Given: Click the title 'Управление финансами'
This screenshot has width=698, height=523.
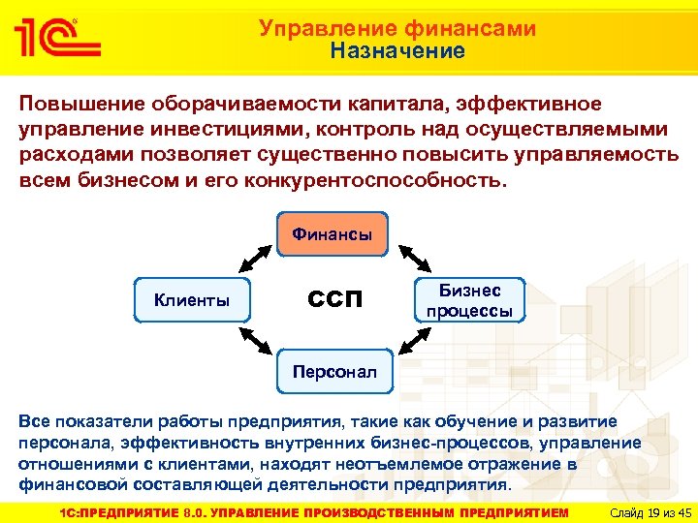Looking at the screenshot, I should [x=397, y=29].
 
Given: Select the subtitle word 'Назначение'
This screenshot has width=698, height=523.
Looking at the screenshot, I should [x=397, y=51].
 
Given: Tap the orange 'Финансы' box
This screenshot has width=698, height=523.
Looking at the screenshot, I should [x=333, y=234].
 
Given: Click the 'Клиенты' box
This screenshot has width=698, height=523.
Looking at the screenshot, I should [x=192, y=300].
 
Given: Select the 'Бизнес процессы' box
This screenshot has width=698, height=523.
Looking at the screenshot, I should [x=470, y=300].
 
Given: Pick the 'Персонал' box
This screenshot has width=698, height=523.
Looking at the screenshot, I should [x=333, y=372].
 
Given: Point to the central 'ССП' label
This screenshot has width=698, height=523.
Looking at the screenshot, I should [x=335, y=299].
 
